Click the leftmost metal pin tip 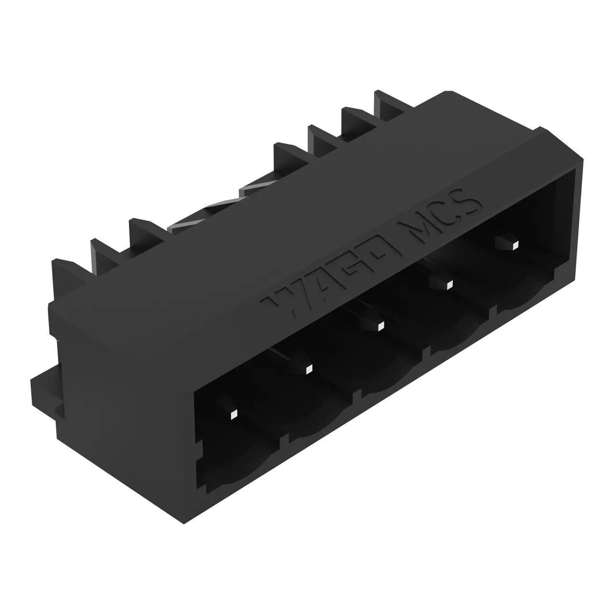click(x=234, y=414)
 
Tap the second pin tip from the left click(x=308, y=370)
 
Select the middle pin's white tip click(x=380, y=326)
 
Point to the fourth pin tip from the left click(x=449, y=285)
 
